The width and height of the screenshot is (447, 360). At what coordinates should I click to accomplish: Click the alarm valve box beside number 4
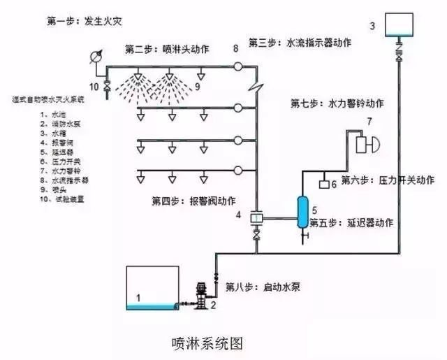(256, 218)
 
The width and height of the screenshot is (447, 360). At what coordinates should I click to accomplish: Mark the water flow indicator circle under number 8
(237, 67)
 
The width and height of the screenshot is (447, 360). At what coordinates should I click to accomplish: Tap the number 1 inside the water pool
(138, 298)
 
